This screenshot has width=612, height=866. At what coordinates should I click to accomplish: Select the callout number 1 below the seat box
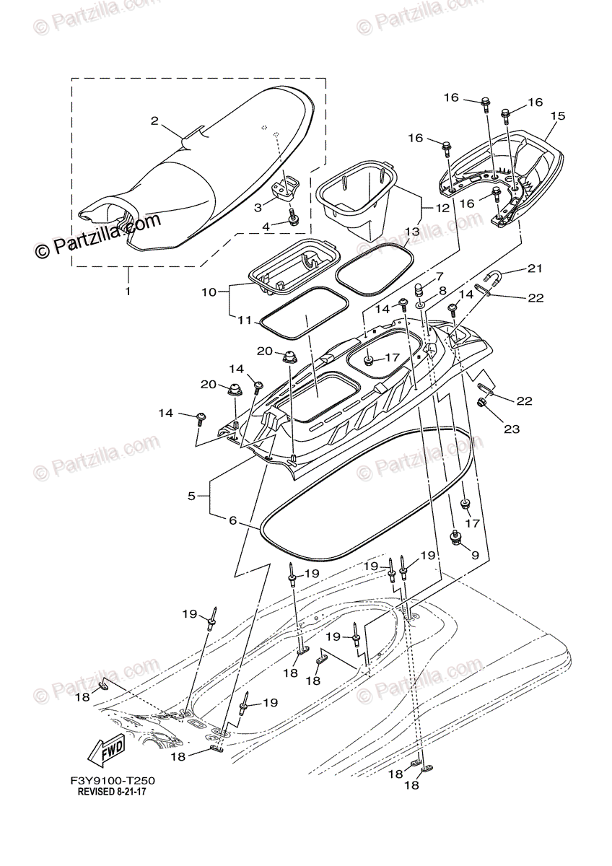click(x=128, y=292)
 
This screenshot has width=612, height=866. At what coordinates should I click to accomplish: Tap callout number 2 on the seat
click(x=154, y=121)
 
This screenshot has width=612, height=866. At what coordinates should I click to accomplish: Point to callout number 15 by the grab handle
click(x=557, y=115)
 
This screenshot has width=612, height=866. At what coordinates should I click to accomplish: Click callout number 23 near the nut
click(x=511, y=429)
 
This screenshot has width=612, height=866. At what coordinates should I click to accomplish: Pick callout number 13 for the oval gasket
click(x=411, y=232)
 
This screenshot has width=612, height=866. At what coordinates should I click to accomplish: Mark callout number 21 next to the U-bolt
click(x=534, y=268)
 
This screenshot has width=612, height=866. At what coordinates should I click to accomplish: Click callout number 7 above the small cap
click(x=437, y=277)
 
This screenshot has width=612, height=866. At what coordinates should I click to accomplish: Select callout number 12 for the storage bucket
click(x=442, y=207)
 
